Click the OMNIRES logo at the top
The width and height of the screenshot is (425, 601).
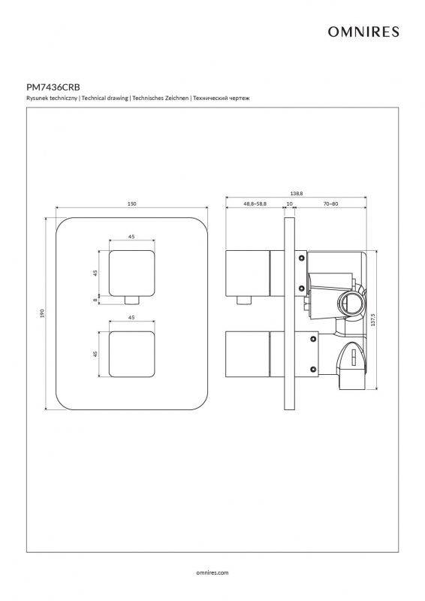[x=363, y=32]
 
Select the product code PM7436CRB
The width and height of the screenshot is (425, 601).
[x=53, y=87]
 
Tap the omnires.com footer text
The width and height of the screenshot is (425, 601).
[x=212, y=572]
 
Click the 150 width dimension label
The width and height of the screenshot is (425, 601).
[x=131, y=204]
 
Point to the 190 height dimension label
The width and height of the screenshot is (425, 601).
[x=43, y=313]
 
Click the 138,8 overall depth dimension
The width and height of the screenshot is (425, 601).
[x=297, y=194]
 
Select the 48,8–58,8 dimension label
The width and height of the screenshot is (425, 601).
[x=255, y=204]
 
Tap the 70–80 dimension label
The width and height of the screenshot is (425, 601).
[x=330, y=204]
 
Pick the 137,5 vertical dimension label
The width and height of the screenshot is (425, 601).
[x=373, y=320]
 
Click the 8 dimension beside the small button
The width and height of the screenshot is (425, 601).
[x=95, y=300]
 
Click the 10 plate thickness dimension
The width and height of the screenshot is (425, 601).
[x=289, y=204]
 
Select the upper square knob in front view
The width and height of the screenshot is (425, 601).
[x=132, y=273]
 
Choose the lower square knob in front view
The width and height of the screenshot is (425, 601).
[x=132, y=354]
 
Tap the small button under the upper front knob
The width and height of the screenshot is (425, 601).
[x=132, y=300]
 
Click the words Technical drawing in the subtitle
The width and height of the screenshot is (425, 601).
[x=104, y=98]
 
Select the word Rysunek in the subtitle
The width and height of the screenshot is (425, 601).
[x=36, y=98]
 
